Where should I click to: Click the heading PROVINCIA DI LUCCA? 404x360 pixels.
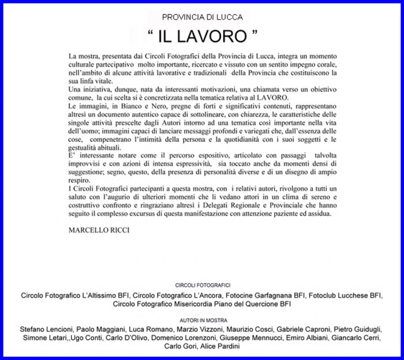202,17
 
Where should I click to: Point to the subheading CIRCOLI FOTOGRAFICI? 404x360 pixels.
202,286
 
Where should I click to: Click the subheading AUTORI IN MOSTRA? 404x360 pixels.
202,318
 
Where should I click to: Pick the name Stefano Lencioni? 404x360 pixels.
45,329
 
